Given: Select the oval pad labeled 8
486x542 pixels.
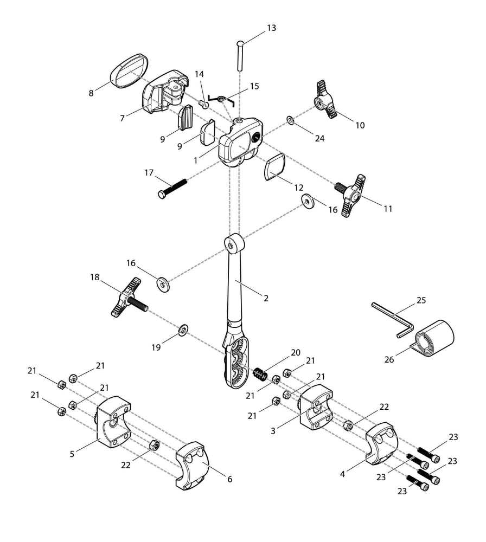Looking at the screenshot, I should [129, 70].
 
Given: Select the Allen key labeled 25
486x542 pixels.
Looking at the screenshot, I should [392, 319].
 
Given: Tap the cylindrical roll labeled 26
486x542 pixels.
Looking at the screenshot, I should [436, 339].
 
